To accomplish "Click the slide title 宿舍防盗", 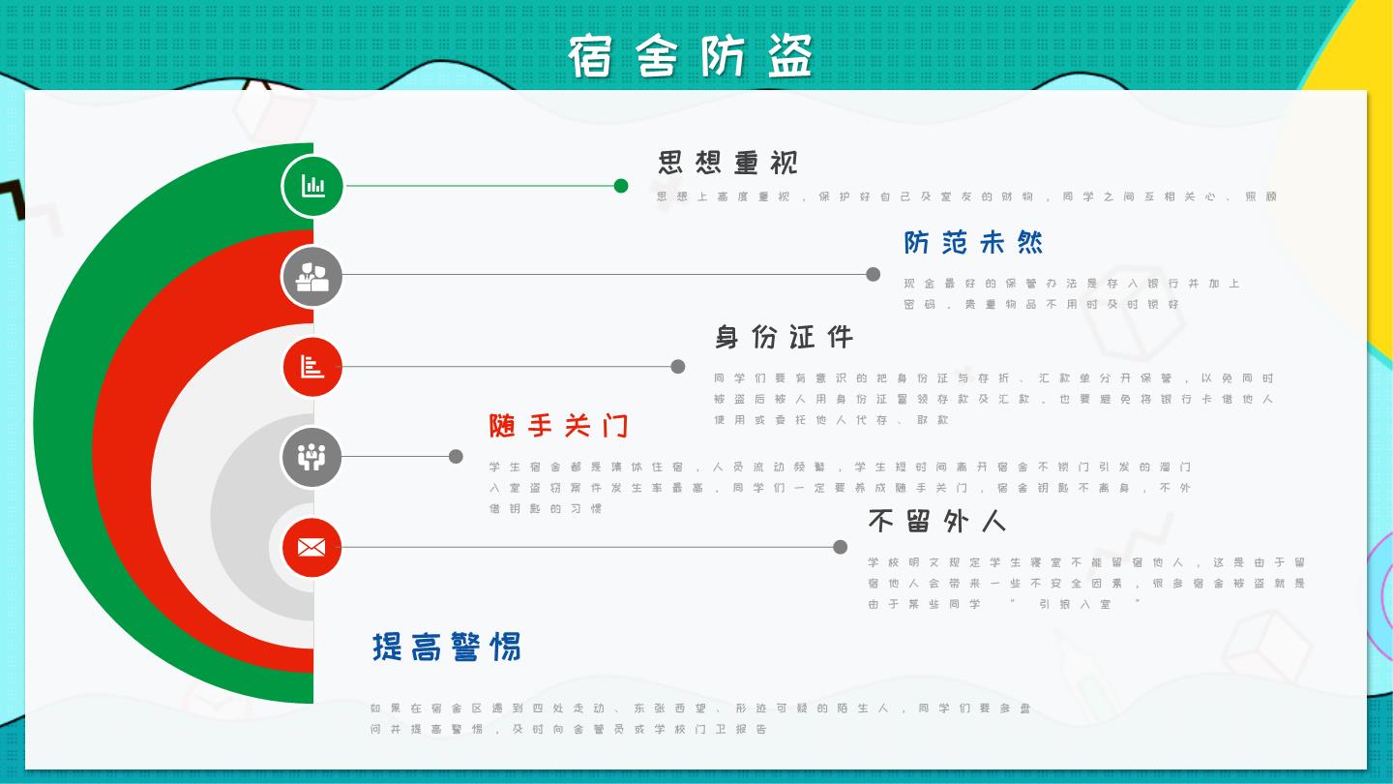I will click(x=692, y=55).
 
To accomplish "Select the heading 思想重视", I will click(x=727, y=163).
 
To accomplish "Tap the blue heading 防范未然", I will click(x=973, y=242).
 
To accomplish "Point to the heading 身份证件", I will click(x=784, y=337).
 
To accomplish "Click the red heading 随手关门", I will click(x=558, y=425).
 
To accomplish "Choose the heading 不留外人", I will click(x=936, y=521).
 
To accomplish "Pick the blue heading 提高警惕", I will click(x=446, y=647).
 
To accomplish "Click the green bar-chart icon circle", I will click(x=312, y=186).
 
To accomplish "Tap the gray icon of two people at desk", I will click(x=312, y=276).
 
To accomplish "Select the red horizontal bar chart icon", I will click(x=312, y=367).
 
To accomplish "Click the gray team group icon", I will click(x=311, y=457).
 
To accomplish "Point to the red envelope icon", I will click(x=311, y=548).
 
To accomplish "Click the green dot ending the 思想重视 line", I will click(x=621, y=186).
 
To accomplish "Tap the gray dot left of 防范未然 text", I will click(x=873, y=274).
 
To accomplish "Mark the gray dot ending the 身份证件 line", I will click(x=678, y=367).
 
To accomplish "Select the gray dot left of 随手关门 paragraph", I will click(x=456, y=457).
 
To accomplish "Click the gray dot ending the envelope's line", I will click(x=840, y=547).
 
